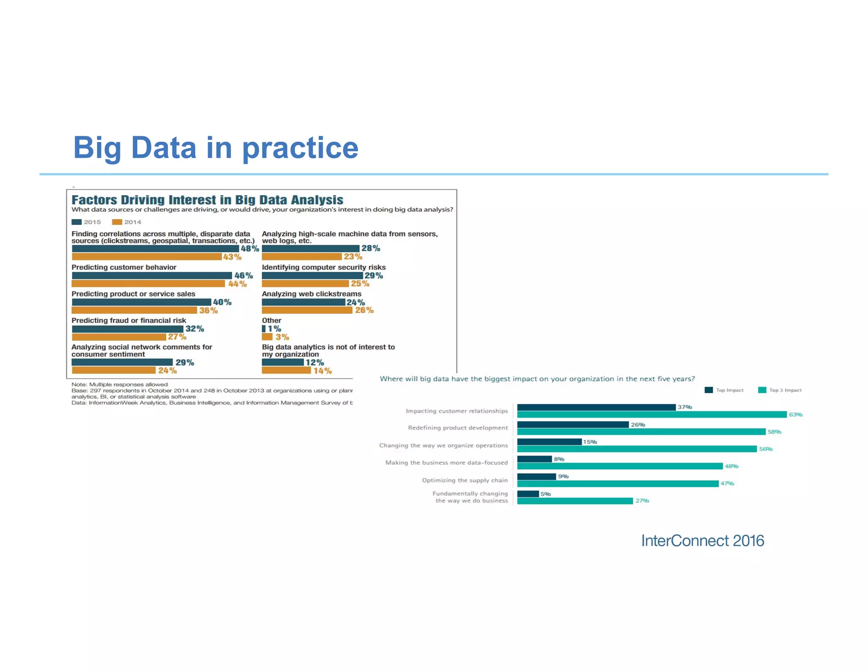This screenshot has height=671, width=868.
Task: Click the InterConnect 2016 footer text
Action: click(x=702, y=541)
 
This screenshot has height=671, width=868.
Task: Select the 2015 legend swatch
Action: click(x=77, y=222)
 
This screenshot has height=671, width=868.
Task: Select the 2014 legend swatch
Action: click(x=117, y=222)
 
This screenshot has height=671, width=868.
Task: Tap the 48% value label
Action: click(x=250, y=249)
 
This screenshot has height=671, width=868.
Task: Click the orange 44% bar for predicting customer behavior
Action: click(x=148, y=283)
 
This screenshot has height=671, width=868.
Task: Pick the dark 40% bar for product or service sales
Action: click(x=141, y=302)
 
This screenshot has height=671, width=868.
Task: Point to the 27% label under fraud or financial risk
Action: click(x=177, y=337)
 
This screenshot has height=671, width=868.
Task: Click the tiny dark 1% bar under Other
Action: click(x=264, y=329)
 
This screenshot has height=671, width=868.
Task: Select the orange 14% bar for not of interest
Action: click(x=286, y=370)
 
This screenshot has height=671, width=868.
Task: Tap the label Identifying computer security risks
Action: click(x=323, y=267)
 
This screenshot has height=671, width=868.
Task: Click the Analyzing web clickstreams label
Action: click(x=312, y=294)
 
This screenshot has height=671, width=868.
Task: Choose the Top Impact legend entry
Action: click(x=724, y=390)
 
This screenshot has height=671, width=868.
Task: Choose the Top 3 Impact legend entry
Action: click(x=780, y=390)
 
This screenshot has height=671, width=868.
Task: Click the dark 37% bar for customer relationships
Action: click(x=596, y=407)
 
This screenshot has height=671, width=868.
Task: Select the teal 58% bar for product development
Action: click(x=641, y=432)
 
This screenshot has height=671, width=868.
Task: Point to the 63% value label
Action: click(x=796, y=414)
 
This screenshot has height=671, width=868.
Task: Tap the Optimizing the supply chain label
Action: click(x=465, y=480)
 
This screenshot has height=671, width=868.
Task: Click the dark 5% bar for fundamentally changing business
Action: click(x=528, y=494)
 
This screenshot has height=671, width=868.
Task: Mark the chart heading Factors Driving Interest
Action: click(x=207, y=200)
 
